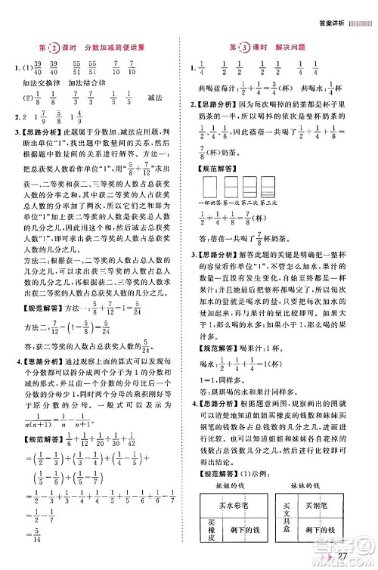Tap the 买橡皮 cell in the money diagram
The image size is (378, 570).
[212, 532]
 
